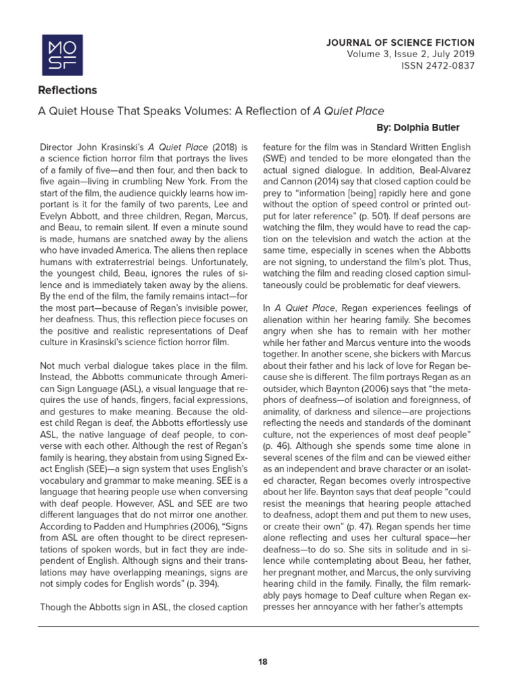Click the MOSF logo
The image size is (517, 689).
coord(63,55)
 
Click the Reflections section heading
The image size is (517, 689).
coord(67,90)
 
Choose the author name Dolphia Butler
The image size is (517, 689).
coord(437,127)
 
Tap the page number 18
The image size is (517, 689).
coord(263,661)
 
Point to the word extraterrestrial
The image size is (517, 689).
coord(135,268)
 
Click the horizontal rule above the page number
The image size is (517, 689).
coord(258,626)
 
